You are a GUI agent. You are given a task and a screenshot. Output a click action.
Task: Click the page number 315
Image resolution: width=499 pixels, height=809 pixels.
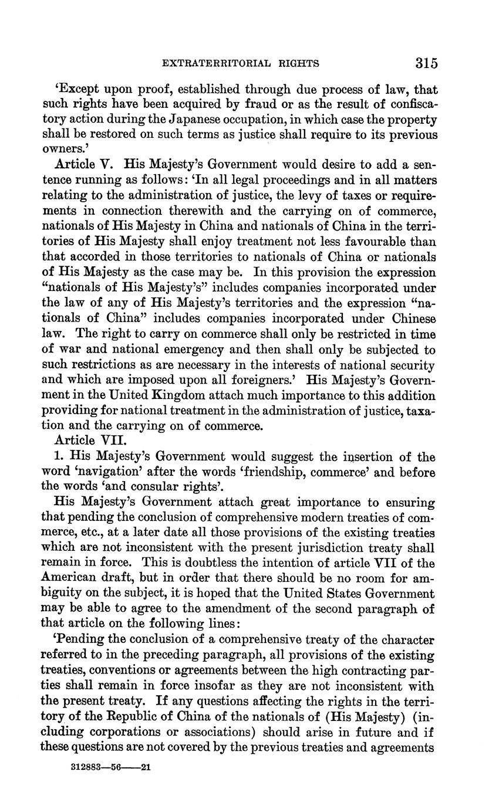426,63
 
